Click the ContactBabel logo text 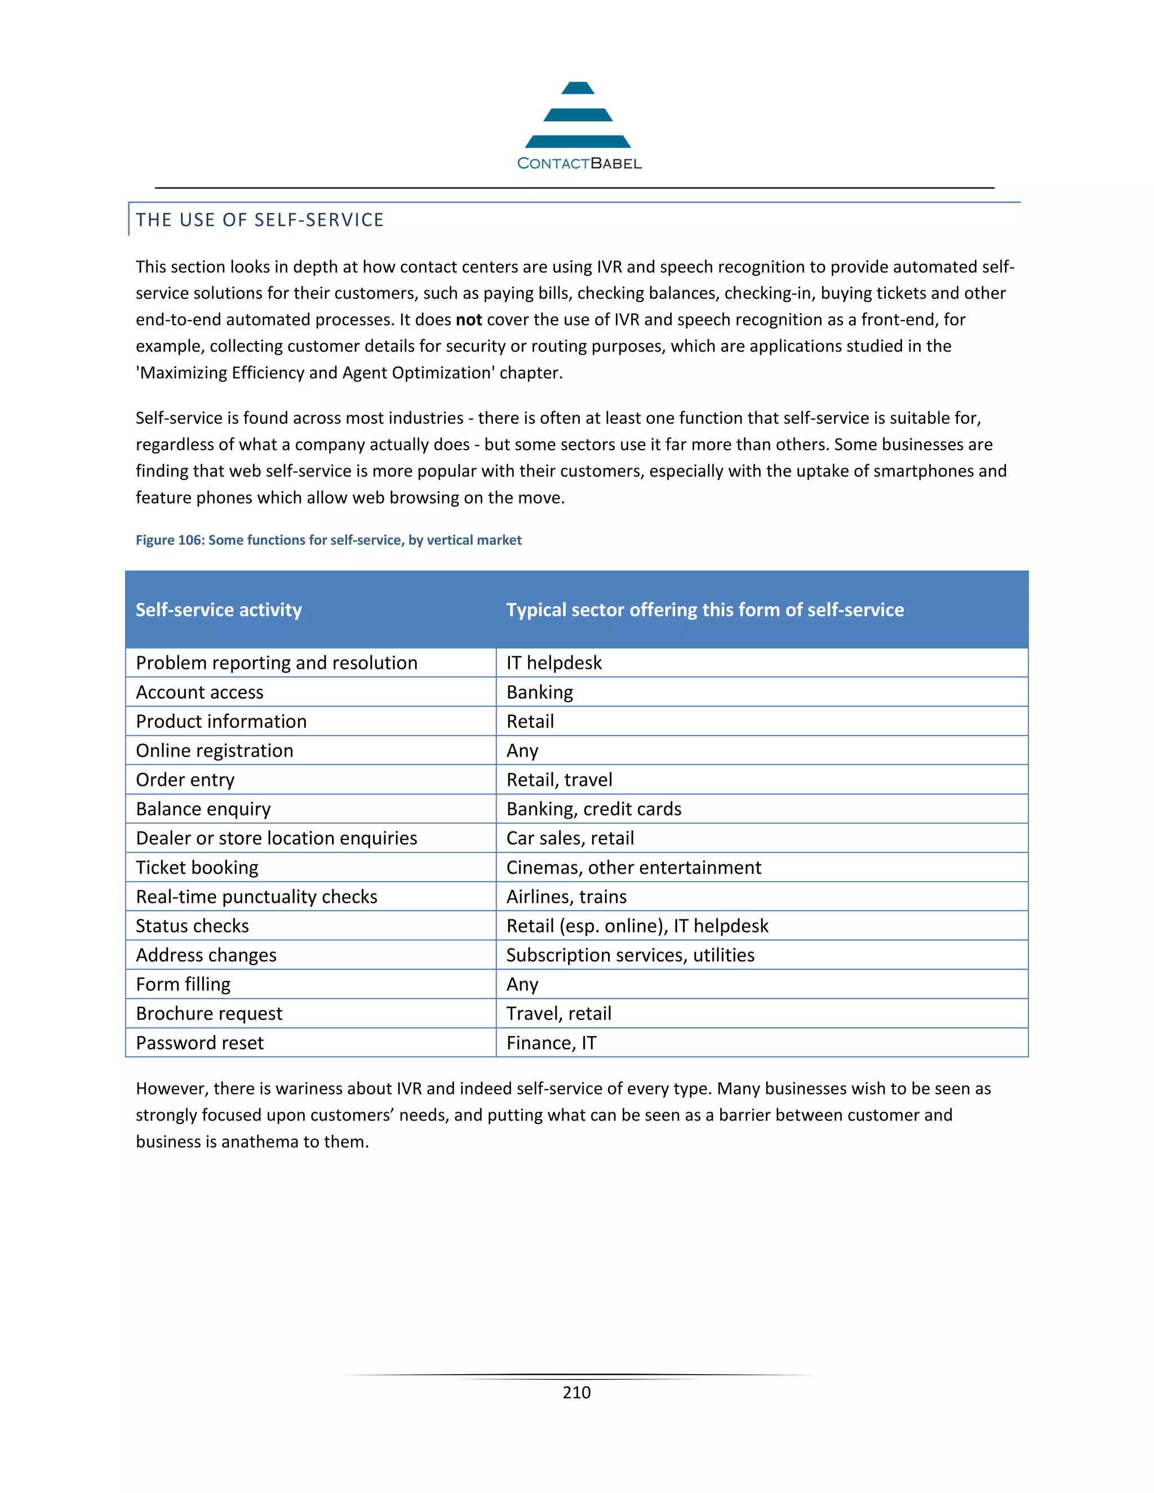579,163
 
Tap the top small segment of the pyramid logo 578,88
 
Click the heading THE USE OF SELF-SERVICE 260,220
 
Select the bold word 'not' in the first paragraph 469,320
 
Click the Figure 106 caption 328,540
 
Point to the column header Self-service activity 219,610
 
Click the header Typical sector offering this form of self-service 705,610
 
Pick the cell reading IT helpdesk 554,663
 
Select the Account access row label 199,692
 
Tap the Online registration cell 215,750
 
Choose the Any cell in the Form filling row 522,984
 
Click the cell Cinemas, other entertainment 633,868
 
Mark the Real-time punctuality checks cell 256,897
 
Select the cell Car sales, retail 570,838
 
